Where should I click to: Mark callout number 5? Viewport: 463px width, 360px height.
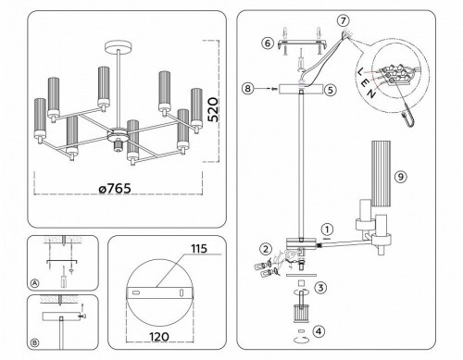pyautogui.click(x=329, y=91)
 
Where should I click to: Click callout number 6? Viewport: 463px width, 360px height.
pyautogui.click(x=267, y=43)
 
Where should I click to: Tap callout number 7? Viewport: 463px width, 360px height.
pyautogui.click(x=343, y=20)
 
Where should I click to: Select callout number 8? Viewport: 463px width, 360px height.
pyautogui.click(x=246, y=89)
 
